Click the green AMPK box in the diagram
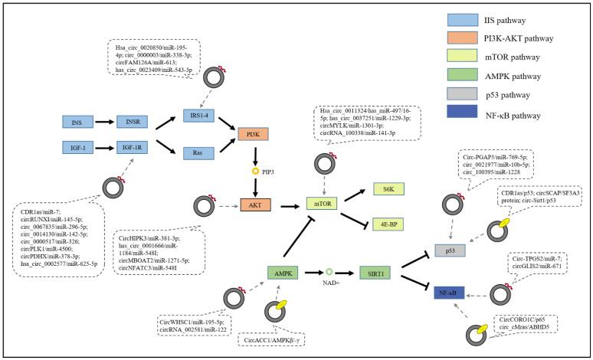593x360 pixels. (x=282, y=271)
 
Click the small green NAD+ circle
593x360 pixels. (x=329, y=271)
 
